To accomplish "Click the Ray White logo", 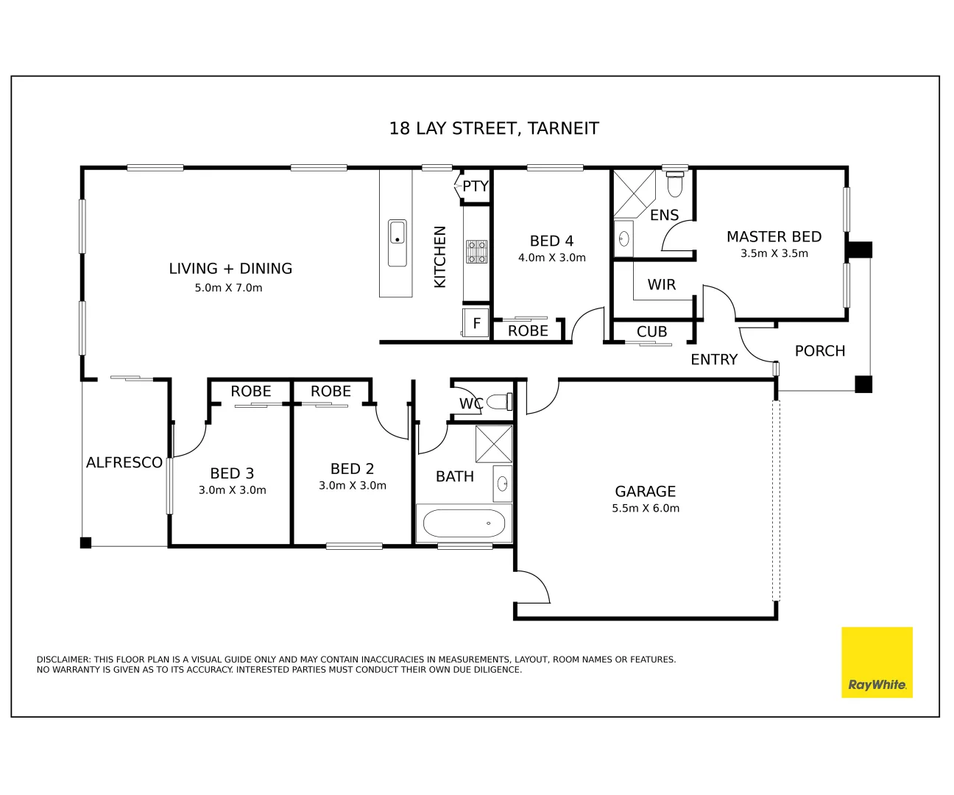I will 876,662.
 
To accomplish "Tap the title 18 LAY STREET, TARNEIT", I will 493,129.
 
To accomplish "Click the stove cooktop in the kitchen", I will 476,252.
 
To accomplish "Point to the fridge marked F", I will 476,323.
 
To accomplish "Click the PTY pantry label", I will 475,186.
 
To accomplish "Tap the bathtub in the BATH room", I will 464,523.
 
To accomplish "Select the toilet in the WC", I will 500,402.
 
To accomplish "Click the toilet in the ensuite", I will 674,183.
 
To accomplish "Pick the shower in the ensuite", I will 634,193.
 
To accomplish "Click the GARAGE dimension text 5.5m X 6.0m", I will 646,508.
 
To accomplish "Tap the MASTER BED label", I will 774,237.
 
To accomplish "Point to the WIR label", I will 661,285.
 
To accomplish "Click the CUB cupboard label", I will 651,332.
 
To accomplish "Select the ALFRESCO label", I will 124,462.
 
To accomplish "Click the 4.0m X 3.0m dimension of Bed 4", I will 551,258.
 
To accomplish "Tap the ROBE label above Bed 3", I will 251,392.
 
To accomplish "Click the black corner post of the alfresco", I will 85,543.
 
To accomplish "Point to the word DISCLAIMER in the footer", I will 64,660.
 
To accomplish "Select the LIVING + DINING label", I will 230,269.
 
